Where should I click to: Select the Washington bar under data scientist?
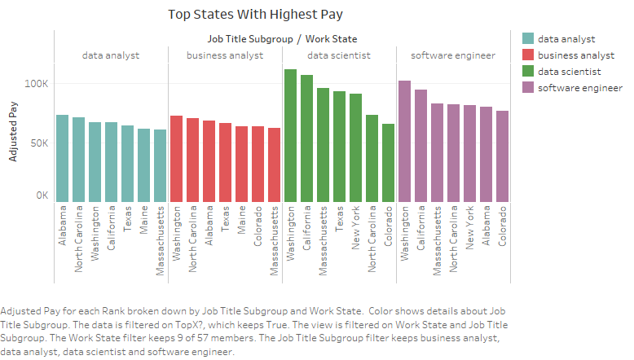point(290,135)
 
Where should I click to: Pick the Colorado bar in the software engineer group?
point(502,156)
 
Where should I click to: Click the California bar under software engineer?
point(420,146)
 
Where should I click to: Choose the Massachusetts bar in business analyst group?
point(274,165)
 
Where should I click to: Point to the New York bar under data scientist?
point(355,147)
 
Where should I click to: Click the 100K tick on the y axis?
point(38,84)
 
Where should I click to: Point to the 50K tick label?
point(41,143)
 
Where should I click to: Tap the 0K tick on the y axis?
point(43,195)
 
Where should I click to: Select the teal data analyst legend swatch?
point(527,38)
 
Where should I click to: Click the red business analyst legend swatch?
point(527,55)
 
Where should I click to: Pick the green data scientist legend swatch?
point(527,71)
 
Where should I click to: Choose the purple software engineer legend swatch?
point(527,87)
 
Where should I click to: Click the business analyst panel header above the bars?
point(225,55)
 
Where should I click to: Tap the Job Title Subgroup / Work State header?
point(282,38)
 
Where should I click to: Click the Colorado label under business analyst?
point(258,226)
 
